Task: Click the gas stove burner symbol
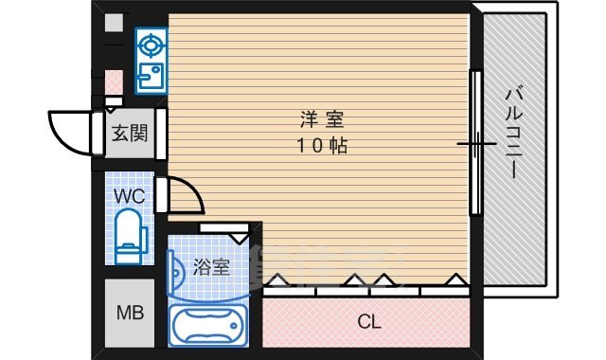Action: [x=150, y=43]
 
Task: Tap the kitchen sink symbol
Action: [x=150, y=75]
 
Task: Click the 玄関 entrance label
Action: [x=129, y=133]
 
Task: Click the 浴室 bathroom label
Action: [x=210, y=267]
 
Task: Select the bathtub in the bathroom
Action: [x=208, y=326]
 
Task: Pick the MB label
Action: [x=129, y=313]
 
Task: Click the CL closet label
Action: [x=368, y=322]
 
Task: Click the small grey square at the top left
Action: [x=114, y=23]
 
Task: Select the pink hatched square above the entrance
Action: [x=114, y=81]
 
